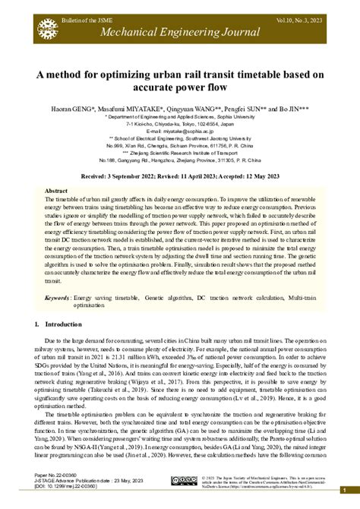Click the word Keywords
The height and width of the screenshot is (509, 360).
61,298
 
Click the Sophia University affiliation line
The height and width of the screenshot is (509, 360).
180,118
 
